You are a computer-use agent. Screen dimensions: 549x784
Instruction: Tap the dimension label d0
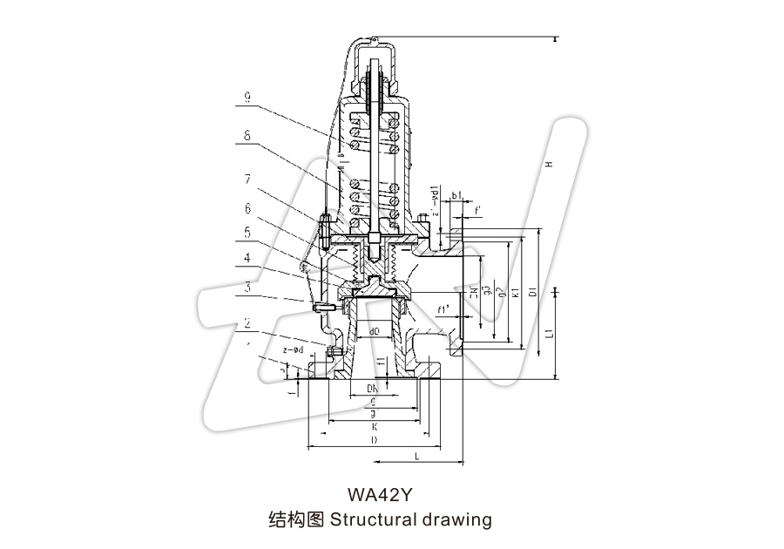[x=374, y=331]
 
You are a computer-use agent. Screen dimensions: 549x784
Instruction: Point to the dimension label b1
[x=456, y=197]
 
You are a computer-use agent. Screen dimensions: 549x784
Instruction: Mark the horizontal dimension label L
[x=417, y=457]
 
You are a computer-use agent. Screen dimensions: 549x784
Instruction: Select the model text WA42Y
[x=379, y=495]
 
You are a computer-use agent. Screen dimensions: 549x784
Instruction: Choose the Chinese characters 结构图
[x=295, y=520]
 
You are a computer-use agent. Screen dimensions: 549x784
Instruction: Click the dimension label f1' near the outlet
[x=443, y=308]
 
